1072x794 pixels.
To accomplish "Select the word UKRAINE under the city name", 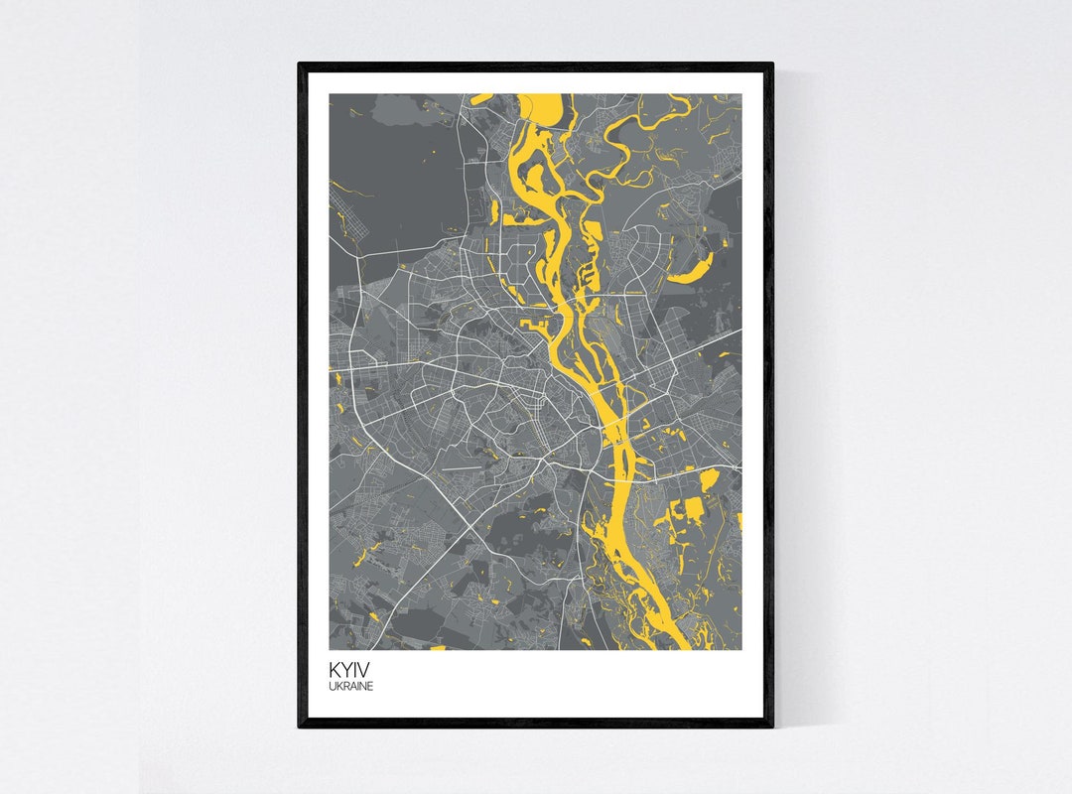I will pos(351,685).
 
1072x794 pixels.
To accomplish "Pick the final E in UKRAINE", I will pos(371,685).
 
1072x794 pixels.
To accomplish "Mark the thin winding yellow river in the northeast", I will pos(635,149).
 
